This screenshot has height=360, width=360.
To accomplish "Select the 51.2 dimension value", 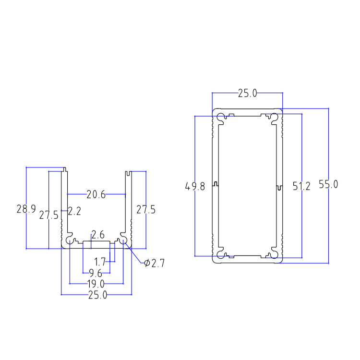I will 301,186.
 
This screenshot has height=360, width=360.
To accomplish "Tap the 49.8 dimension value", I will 195,186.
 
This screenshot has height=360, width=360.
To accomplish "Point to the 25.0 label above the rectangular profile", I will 248,93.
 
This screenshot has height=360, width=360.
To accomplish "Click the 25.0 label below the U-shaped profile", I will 97,295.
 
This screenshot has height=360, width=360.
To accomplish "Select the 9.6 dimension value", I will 96,273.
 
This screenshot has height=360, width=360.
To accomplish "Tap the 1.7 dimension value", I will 100,262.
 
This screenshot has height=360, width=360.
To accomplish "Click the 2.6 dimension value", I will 98,235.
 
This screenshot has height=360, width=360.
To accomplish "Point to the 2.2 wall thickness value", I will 74,211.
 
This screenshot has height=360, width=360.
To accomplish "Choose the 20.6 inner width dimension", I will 96,194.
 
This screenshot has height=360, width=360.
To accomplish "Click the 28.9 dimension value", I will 26,209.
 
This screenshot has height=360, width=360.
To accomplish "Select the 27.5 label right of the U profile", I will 145,210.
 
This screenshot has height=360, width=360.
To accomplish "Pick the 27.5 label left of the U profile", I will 48,215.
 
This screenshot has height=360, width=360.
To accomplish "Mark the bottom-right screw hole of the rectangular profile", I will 274,253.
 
